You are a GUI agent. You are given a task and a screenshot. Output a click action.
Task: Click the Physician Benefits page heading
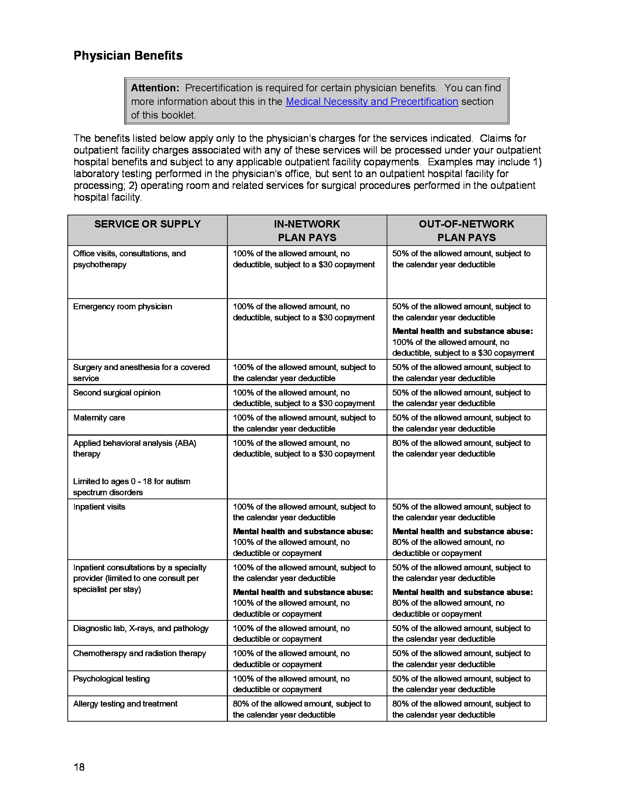pos(128,56)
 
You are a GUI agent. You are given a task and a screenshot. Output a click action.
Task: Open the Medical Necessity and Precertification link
pos(372,102)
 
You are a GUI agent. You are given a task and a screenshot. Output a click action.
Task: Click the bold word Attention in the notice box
pos(155,88)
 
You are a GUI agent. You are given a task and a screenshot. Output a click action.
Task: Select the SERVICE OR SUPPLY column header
pos(147,224)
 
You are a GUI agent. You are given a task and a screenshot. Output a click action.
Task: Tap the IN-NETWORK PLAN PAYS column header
pos(307,230)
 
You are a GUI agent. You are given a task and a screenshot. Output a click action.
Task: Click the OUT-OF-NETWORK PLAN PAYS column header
pos(466,230)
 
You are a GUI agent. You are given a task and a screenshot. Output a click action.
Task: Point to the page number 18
pos(79,767)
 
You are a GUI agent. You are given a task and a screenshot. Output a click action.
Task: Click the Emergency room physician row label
pos(122,307)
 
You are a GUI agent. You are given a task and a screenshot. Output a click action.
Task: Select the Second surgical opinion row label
pos(116,393)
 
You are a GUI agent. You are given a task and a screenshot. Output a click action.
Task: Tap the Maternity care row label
pos(99,418)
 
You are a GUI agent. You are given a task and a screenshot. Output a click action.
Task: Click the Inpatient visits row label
pos(99,507)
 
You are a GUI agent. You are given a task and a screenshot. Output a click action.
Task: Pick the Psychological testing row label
pos(111,679)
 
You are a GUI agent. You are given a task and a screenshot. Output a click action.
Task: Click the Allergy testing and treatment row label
pos(125,704)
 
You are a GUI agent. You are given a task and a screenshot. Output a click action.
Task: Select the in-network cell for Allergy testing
pos(302,709)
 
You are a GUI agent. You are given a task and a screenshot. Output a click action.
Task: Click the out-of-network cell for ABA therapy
pos(461,448)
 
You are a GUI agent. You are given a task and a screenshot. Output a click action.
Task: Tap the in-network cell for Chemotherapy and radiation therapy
pos(291,659)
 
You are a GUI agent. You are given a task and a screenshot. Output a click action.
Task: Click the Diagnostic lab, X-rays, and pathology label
pos(141,628)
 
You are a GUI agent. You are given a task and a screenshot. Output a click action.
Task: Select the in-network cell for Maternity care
pos(304,423)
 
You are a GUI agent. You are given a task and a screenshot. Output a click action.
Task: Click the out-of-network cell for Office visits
pos(461,259)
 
